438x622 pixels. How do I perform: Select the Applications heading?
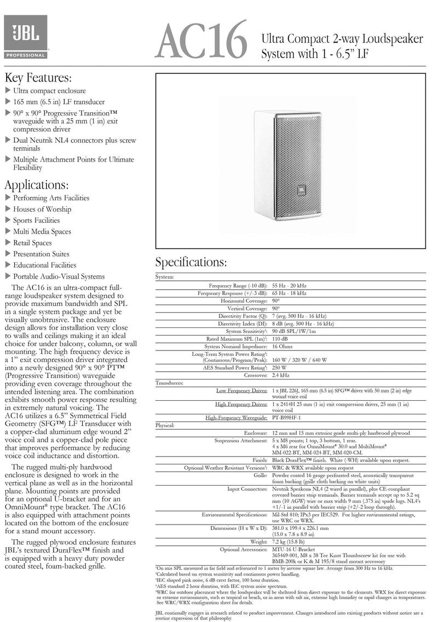tap(37, 184)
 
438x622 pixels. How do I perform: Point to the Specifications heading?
tap(191, 262)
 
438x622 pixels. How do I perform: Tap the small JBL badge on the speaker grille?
tap(301, 189)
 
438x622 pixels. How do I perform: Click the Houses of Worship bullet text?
tap(42, 209)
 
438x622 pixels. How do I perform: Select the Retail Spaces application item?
tap(32, 243)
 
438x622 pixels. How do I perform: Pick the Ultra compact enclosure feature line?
tap(49, 91)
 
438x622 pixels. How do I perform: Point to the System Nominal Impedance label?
tap(236, 346)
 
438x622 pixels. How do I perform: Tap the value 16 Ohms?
tap(283, 346)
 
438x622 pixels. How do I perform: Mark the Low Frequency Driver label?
tap(241, 390)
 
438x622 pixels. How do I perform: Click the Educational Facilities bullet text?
tap(45, 266)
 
